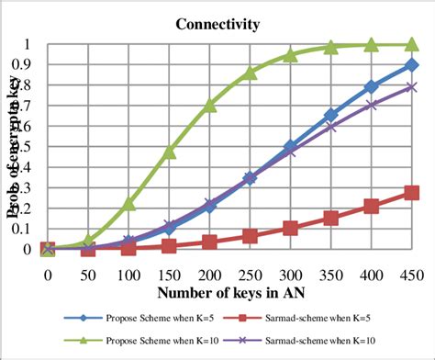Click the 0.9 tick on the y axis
click(30, 65)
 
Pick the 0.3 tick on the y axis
click(30, 187)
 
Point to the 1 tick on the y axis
click(34, 45)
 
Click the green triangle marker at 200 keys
click(209, 105)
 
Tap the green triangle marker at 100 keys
click(129, 203)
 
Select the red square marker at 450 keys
click(412, 193)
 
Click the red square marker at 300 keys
click(291, 228)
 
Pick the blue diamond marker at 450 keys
click(412, 65)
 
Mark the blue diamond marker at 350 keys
click(331, 116)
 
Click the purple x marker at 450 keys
click(412, 87)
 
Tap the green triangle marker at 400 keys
click(372, 45)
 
